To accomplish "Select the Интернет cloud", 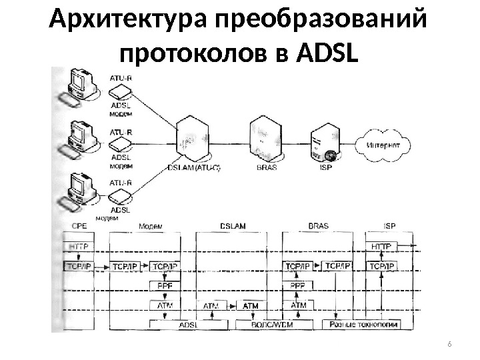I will click(x=383, y=145).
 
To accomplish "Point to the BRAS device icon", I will click(x=263, y=141).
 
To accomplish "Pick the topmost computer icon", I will click(x=82, y=87).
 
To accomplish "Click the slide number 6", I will click(x=449, y=344).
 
